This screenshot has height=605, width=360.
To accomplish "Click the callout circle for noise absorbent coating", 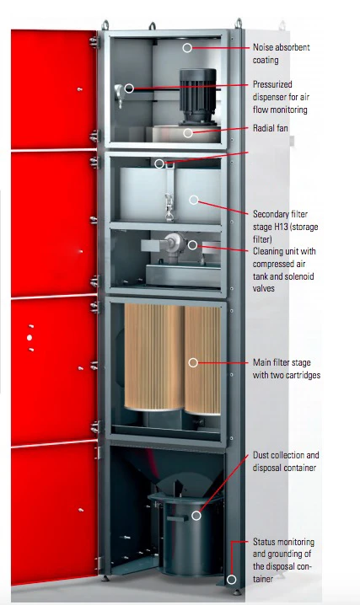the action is coord(187,48).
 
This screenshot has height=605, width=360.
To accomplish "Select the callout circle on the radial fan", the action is coord(188,133).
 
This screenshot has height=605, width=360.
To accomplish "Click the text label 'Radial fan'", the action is coord(270,128).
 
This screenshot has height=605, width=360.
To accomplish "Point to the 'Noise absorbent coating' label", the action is coord(282,54).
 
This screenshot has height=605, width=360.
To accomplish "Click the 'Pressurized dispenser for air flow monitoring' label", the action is coord(282,97).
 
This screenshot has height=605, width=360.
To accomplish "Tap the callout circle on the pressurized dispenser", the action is coord(129,88).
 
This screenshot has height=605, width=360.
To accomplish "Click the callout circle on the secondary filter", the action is coord(194,200).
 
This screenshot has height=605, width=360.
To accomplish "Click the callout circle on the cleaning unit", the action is coord(192,244).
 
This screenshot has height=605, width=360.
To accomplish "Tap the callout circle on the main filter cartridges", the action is coord(193,362).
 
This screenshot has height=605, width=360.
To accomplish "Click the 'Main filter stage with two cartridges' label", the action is coord(287,368).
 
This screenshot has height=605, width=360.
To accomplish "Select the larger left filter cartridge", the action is coord(154,357).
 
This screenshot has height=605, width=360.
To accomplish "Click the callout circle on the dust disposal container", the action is coord(196,516).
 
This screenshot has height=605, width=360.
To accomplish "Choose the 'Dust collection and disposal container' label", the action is coord(286,461).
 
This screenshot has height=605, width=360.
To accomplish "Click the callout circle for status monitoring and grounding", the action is coord(232,579).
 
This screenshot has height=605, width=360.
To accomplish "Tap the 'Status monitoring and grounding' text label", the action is coord(283,559).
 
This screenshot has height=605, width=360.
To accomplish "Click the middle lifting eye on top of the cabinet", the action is coord(153,26).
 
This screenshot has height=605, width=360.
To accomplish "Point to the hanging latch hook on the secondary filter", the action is coord(169,208).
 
